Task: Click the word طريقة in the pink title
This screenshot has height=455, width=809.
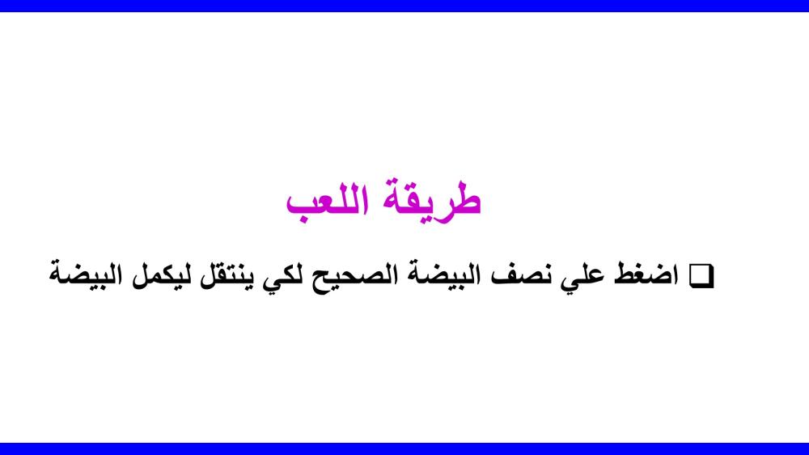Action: (x=431, y=201)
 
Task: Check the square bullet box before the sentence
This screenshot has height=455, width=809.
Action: (x=701, y=276)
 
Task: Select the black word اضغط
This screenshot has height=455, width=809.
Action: (x=646, y=274)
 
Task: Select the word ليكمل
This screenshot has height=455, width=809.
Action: (x=159, y=274)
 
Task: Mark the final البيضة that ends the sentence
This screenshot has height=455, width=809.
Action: (x=87, y=274)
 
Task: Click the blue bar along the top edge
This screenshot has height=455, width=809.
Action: (x=404, y=6)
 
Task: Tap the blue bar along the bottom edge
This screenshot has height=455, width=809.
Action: (x=404, y=449)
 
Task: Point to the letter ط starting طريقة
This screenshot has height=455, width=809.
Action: (x=462, y=198)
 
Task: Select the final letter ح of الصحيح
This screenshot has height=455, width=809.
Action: (x=326, y=281)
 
